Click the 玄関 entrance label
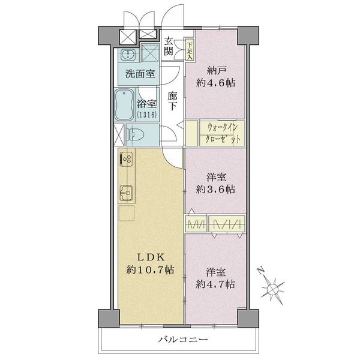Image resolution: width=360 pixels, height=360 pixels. coord(169,46)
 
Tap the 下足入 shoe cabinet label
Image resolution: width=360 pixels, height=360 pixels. coord(190,46)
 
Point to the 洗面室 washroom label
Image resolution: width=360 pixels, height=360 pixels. coord(140,74)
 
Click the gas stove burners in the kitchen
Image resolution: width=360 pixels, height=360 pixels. coord(127,160)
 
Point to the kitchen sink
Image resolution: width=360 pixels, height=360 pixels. coord(127,193)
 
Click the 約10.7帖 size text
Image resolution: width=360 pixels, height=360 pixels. coord(149,271)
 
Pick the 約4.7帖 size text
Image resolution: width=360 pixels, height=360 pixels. coord(215,283)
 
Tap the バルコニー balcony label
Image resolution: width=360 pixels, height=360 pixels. coord(184,340)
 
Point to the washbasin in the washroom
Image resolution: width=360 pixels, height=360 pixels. coord(127,56)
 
